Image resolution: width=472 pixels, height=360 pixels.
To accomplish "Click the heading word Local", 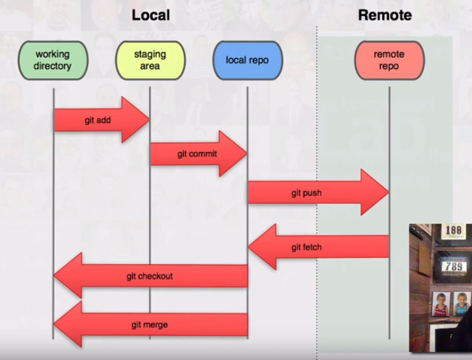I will [150, 15].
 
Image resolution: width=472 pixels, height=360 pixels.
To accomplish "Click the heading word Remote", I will [384, 15].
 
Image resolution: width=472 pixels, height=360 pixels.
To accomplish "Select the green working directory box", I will [53, 60].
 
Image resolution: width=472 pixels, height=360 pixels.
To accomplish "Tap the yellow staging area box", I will [150, 60].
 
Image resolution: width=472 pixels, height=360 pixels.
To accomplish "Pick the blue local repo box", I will [247, 60].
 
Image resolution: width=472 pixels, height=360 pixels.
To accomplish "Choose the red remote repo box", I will [389, 60].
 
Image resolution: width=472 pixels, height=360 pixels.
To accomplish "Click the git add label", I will [98, 120].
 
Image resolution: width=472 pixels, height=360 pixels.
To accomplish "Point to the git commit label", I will [197, 154].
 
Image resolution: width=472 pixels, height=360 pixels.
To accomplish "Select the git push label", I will [307, 193].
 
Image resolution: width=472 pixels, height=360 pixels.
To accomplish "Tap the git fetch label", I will [307, 247].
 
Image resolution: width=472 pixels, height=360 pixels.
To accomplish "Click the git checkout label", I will [150, 276].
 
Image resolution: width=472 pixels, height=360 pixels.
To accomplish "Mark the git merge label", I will [150, 325].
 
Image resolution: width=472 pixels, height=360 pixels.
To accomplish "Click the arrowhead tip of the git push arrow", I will [388, 193].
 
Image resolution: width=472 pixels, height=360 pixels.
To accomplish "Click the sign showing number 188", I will [453, 231].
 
